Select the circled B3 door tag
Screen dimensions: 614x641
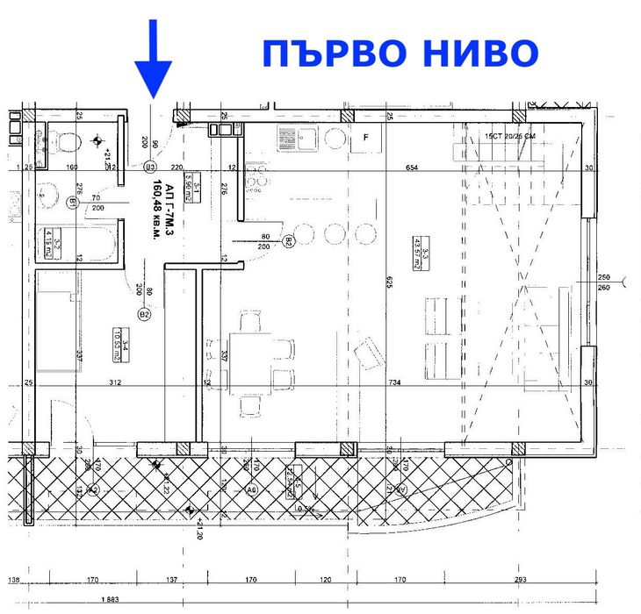(x=150, y=166)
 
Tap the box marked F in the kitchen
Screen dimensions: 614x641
(x=366, y=138)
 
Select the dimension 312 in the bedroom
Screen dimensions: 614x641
(x=114, y=382)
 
